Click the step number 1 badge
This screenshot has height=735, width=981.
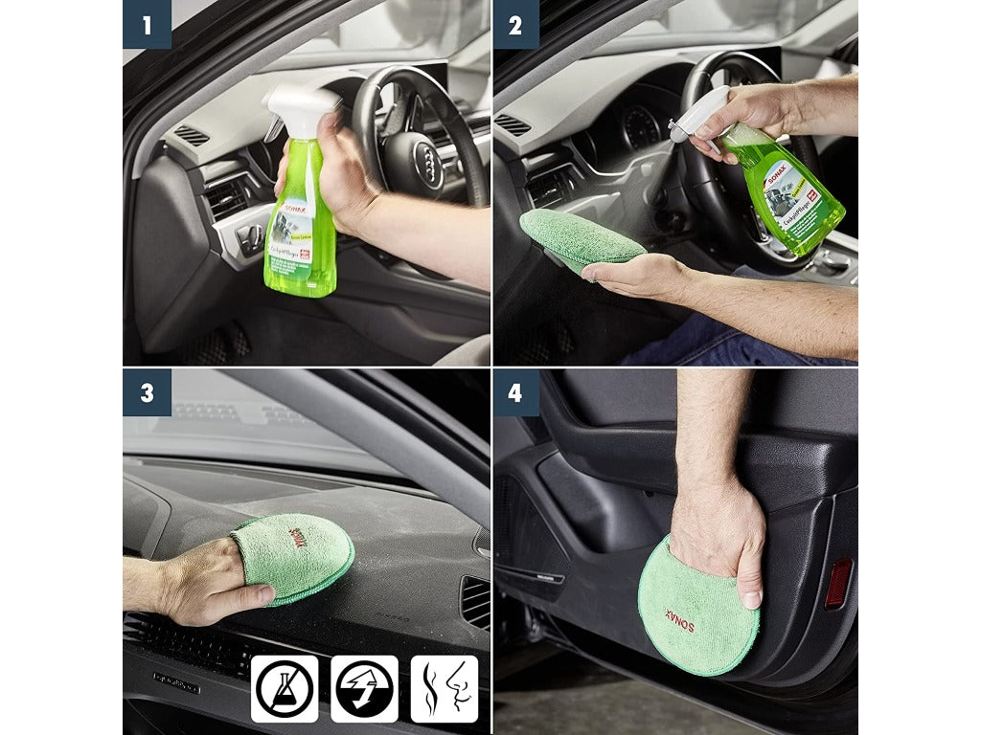pyautogui.click(x=147, y=25)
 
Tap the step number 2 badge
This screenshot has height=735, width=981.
pyautogui.click(x=515, y=25)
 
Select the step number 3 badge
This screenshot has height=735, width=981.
pyautogui.click(x=147, y=392)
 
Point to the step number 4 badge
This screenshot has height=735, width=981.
pyautogui.click(x=515, y=392)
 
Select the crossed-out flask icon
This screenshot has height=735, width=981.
pyautogui.click(x=285, y=688)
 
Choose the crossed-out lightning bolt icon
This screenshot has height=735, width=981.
pyautogui.click(x=364, y=688)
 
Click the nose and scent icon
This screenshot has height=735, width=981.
pyautogui.click(x=444, y=688)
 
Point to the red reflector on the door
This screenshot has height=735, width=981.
pyautogui.click(x=838, y=584)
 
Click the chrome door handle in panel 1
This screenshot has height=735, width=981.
pyautogui.click(x=251, y=238)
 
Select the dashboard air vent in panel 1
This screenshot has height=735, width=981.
pyautogui.click(x=191, y=135)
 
